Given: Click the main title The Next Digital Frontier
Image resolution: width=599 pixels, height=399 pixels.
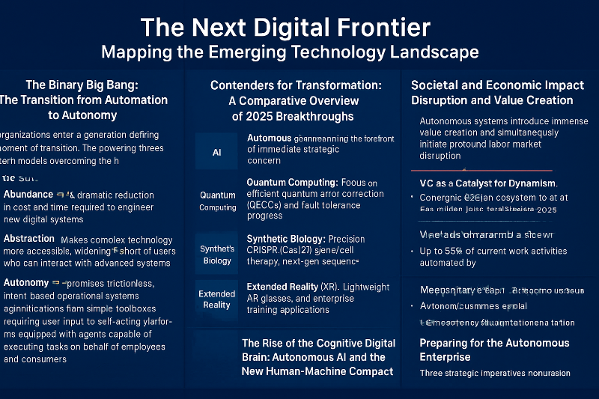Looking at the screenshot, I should pyautogui.click(x=285, y=28).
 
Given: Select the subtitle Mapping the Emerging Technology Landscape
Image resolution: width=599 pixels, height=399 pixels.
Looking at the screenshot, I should pyautogui.click(x=290, y=53).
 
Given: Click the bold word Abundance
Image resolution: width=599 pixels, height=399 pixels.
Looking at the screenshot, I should pyautogui.click(x=28, y=195).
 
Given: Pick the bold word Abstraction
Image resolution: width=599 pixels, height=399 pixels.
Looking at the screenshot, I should pyautogui.click(x=29, y=239).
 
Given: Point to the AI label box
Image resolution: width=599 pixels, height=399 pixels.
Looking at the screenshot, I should pyautogui.click(x=216, y=151).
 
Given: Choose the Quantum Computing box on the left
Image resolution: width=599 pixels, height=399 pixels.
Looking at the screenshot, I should pyautogui.click(x=217, y=201).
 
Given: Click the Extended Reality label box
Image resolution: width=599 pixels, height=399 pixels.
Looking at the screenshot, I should pyautogui.click(x=217, y=299).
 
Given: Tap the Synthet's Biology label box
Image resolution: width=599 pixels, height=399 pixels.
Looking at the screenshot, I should pyautogui.click(x=217, y=255).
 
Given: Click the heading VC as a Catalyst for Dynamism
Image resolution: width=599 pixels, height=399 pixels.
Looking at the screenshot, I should pyautogui.click(x=488, y=183).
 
